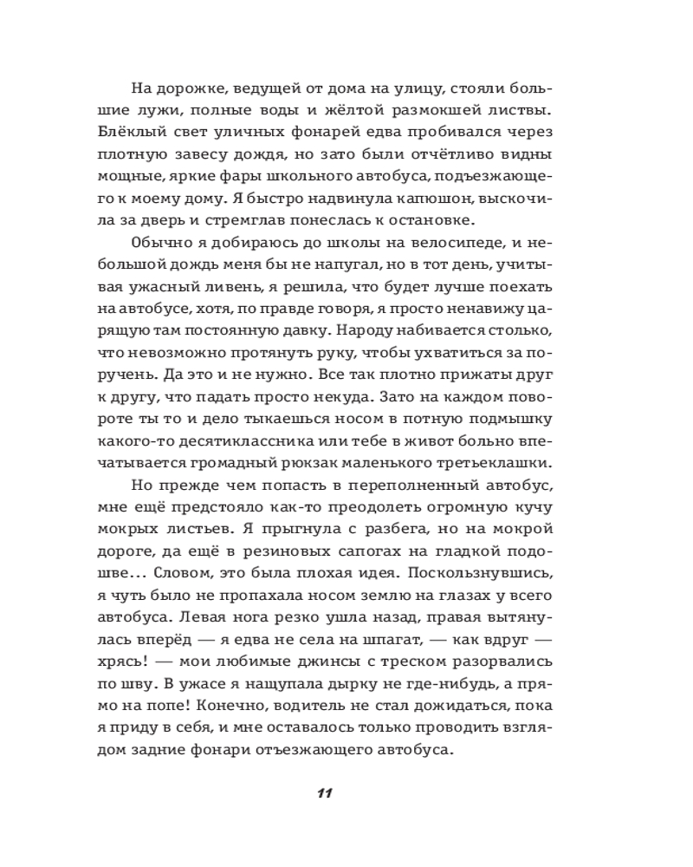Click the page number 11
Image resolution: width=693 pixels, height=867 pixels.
pyautogui.click(x=325, y=793)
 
